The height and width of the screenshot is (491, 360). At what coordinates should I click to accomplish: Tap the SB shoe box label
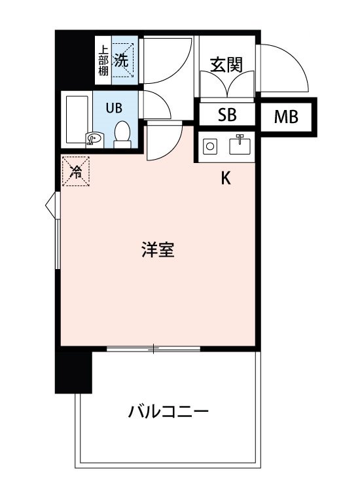pos(226,116)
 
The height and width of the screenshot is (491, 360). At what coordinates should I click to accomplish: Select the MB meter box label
pos(286,117)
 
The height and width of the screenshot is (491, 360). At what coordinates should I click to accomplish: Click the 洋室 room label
pos(158,250)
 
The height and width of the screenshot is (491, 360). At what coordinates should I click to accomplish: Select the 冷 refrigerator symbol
pos(76,172)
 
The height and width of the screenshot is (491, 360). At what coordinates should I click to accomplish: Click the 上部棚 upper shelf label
pos(103,60)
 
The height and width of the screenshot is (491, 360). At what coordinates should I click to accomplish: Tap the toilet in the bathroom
pos(122,134)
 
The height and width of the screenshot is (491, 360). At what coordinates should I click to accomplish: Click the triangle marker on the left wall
pos(50,204)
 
